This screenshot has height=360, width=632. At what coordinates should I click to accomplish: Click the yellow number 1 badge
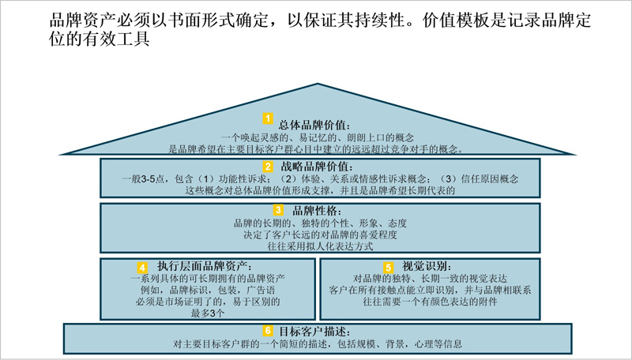(x=268, y=118)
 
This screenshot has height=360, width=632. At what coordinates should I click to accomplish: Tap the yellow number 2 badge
(x=268, y=167)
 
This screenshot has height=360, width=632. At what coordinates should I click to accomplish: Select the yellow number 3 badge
(x=278, y=210)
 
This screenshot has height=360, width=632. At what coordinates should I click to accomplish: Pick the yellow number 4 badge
(x=142, y=268)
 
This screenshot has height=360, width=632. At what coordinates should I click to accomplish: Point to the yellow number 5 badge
(x=388, y=268)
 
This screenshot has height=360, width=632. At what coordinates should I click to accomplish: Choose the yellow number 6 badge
(x=268, y=331)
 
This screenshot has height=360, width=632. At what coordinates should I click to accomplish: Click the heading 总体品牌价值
(x=314, y=126)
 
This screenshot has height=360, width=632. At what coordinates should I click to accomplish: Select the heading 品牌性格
(x=317, y=211)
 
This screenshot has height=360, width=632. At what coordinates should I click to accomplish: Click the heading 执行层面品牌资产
(x=205, y=266)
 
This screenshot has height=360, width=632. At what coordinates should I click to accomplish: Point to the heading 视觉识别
(x=427, y=266)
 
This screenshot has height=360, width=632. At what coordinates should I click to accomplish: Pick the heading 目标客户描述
(x=314, y=332)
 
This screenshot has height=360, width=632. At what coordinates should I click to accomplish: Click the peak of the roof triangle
(x=318, y=84)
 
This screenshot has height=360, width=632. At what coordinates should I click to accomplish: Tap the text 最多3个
(x=208, y=313)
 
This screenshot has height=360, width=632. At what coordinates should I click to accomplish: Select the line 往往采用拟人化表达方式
(x=321, y=246)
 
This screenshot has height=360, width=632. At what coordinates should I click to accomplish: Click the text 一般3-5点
(x=143, y=178)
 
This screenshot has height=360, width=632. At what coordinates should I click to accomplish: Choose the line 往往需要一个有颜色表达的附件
(x=430, y=302)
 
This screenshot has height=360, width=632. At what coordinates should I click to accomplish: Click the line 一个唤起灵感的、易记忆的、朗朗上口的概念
(x=318, y=137)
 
